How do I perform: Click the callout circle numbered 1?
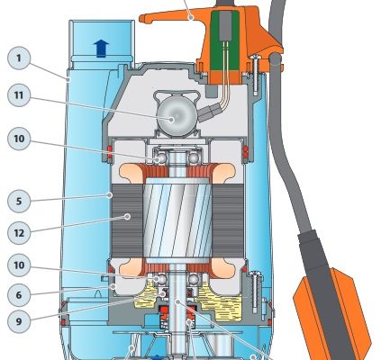(19, 58)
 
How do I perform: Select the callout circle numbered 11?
(19, 95)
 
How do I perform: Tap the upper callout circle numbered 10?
(19, 139)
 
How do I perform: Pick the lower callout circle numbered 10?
(19, 265)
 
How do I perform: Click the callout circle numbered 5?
(19, 201)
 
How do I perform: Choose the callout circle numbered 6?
(19, 295)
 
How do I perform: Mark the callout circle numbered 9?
(19, 321)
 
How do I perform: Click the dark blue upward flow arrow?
(101, 49)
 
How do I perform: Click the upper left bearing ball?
(162, 158)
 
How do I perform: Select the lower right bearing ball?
(194, 280)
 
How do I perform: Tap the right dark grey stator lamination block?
(228, 221)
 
